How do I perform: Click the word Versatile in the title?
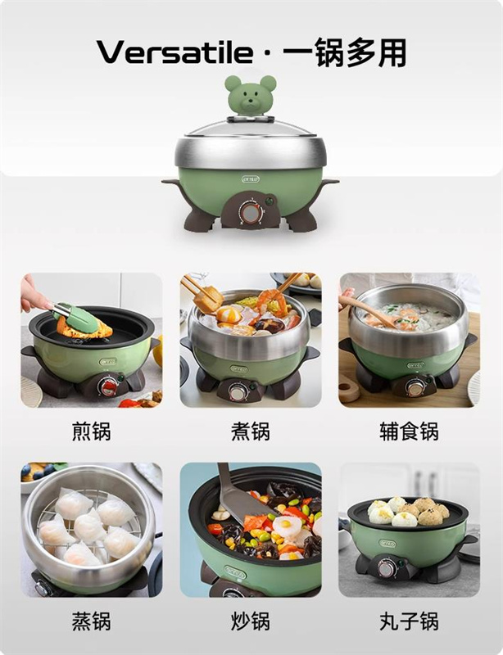174,52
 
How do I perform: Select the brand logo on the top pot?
251,179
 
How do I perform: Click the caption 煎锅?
92,431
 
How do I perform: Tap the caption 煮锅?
251,431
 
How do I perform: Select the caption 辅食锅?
409,431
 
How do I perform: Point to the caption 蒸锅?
92,621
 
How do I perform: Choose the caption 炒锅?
251,621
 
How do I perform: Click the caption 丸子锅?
409,621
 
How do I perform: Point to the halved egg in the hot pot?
229,314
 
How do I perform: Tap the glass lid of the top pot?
250,129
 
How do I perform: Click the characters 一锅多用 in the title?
345,52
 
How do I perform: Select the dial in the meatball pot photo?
387,568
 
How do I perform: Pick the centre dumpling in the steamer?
89,526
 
